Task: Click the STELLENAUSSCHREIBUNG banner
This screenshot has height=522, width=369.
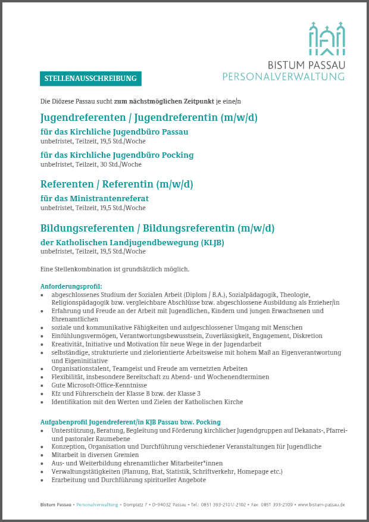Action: click(x=90, y=79)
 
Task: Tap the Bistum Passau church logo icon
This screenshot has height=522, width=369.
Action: click(x=326, y=39)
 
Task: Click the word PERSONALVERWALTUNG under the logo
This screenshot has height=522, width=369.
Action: click(x=283, y=76)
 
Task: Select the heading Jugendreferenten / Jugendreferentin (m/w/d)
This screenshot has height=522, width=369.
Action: click(x=149, y=117)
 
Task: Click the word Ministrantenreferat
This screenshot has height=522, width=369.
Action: click(x=114, y=198)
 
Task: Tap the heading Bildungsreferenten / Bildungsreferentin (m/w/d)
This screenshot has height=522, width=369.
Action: click(x=157, y=228)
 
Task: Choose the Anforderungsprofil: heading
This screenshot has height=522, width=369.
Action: click(x=71, y=286)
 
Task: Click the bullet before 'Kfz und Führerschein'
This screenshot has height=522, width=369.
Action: click(x=42, y=394)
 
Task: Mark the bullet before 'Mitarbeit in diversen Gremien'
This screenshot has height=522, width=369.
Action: click(x=42, y=455)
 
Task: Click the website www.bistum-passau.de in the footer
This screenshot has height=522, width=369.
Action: click(x=321, y=504)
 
